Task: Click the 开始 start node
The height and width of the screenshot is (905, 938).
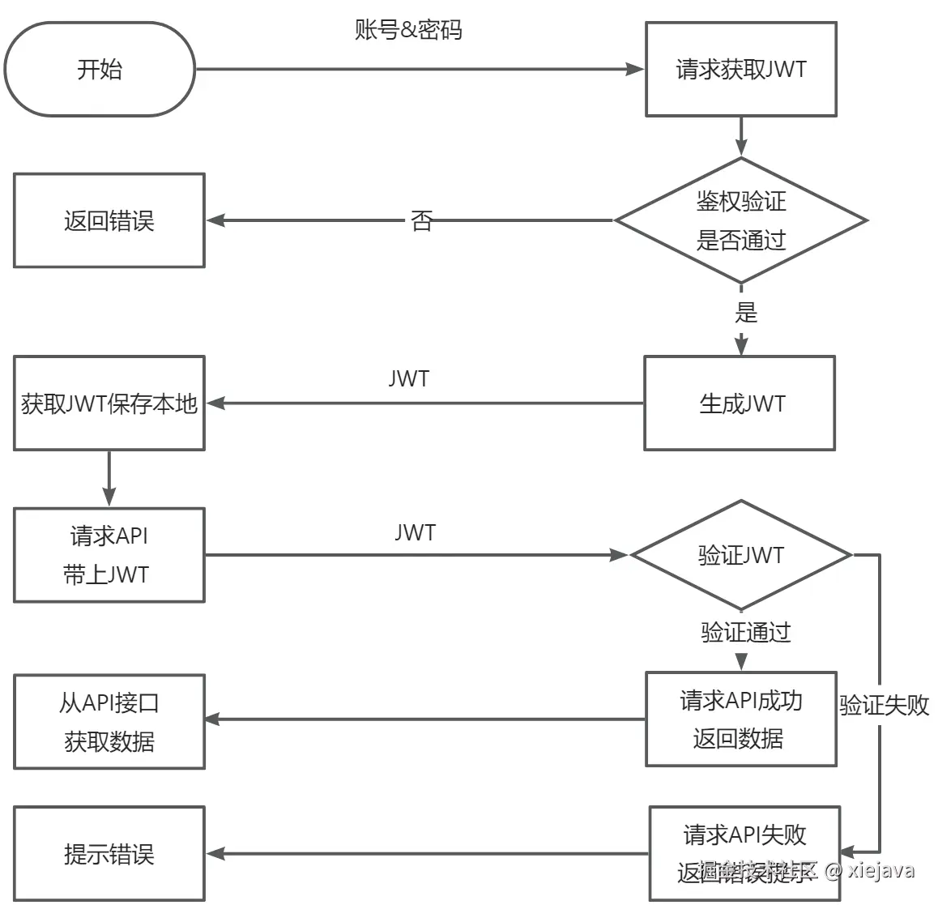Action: point(100,70)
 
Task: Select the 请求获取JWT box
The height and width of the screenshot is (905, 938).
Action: point(740,70)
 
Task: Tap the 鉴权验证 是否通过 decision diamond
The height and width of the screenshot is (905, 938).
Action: point(740,220)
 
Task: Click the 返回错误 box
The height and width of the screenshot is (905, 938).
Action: point(109,220)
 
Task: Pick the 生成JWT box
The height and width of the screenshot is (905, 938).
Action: point(740,403)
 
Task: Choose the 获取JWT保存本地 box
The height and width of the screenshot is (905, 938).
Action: point(109,403)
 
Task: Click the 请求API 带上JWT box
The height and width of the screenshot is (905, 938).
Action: point(109,556)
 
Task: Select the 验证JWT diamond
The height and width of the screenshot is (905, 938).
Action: point(740,556)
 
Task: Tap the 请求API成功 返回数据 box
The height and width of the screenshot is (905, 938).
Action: point(740,719)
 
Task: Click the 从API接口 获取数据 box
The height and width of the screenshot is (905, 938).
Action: point(109,722)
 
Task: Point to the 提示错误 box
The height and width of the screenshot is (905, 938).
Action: point(109,854)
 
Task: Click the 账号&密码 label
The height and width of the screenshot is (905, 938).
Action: point(408,30)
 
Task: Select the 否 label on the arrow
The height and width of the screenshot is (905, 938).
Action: point(421,220)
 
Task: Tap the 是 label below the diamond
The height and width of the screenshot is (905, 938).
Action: point(745,311)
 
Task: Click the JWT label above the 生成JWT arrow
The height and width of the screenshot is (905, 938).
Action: point(408,378)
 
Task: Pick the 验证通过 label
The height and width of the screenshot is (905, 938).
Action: point(745,632)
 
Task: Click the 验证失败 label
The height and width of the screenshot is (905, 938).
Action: point(884,705)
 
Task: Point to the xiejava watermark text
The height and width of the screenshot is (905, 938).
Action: point(880,870)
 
